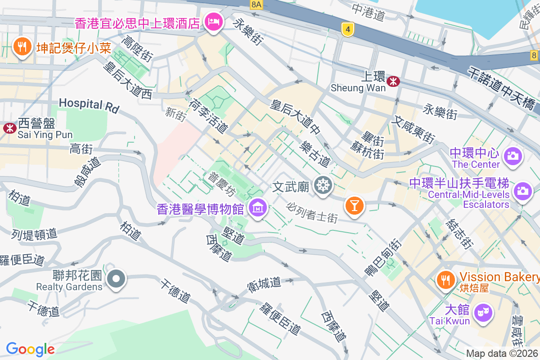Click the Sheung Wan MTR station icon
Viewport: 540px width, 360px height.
394,81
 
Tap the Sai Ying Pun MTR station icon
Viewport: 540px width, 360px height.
9,128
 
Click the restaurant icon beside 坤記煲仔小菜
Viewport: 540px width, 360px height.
21,46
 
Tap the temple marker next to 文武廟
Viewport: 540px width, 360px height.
323,185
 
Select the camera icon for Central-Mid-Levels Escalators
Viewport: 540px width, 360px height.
522,191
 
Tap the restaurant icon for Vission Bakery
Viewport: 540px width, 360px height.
445,280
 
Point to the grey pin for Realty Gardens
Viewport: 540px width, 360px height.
117,279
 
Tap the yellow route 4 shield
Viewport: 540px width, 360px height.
347,29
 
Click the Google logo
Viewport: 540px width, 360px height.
30,349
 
